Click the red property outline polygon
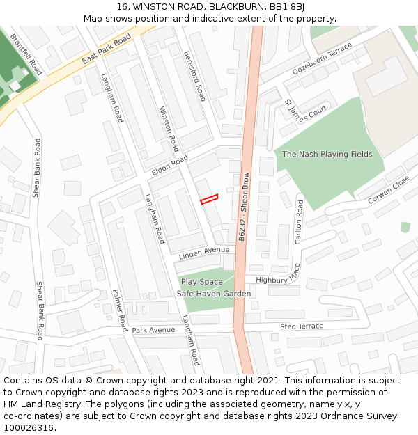coord(210,199)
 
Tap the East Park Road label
coord(106,50)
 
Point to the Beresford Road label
coord(194,75)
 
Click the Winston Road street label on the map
coord(169,129)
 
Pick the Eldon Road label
coord(170,166)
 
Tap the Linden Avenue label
coord(203,253)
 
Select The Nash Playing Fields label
coord(327,155)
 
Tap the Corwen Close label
coord(389,189)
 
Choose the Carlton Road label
coord(299,222)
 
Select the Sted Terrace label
coord(302,326)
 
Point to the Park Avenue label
coord(153,330)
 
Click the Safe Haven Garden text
coord(213,294)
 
